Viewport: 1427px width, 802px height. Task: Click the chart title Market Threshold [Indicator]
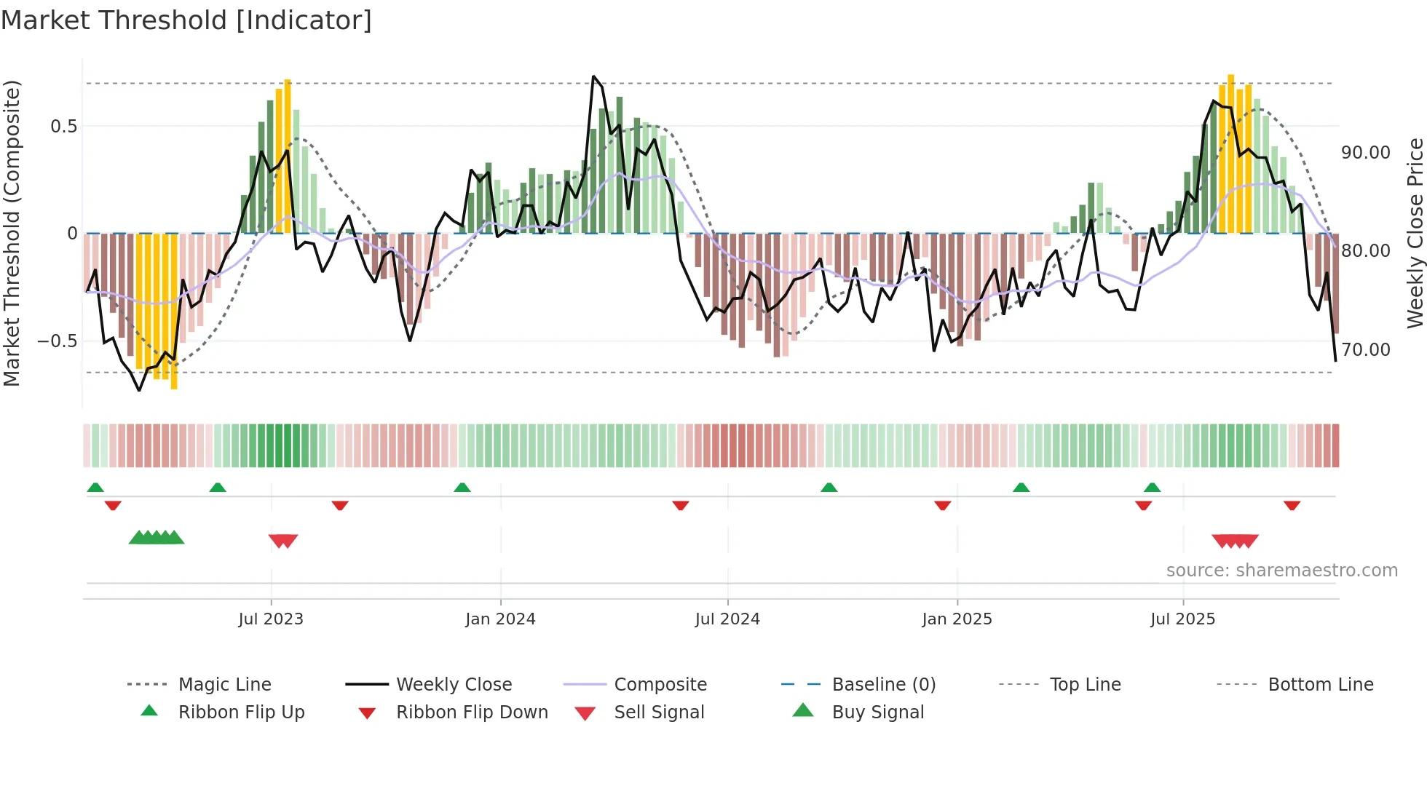pyautogui.click(x=186, y=20)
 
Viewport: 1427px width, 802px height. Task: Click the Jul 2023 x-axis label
pyautogui.click(x=271, y=619)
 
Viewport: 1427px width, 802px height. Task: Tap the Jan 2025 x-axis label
pyautogui.click(x=957, y=619)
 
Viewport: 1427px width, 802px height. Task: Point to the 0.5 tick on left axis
pyautogui.click(x=63, y=127)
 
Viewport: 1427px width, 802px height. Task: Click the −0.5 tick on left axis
pyautogui.click(x=58, y=341)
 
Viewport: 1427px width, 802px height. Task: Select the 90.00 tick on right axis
pyautogui.click(x=1366, y=153)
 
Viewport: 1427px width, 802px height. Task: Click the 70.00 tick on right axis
pyautogui.click(x=1366, y=350)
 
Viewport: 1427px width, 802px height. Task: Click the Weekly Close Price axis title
pyautogui.click(x=1415, y=233)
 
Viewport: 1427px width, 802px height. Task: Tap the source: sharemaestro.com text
pyautogui.click(x=1281, y=571)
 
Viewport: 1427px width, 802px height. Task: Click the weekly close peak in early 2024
pyautogui.click(x=594, y=76)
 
